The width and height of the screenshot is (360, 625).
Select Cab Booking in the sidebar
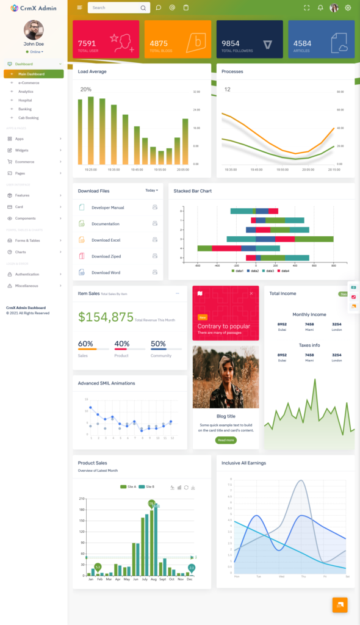coord(28,118)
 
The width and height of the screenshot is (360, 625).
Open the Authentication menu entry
coord(27,274)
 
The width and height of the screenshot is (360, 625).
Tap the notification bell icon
coord(320,8)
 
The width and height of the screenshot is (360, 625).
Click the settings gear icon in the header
coord(348,8)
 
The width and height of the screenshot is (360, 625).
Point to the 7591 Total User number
coord(87,43)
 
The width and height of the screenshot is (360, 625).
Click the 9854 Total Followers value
coord(231,43)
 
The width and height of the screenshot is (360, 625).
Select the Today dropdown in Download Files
coord(151,190)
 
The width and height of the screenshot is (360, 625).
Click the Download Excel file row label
coord(106,240)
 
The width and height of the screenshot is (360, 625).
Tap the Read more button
coord(226,440)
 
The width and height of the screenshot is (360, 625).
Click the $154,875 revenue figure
coord(106,317)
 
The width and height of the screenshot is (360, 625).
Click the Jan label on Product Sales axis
coord(91,579)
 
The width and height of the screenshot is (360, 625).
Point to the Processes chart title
coord(232,71)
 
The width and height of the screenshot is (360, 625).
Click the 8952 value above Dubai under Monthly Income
coord(282,324)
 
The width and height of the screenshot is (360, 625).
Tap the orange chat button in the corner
coord(340,604)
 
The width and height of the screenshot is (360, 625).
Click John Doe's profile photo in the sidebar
coord(34,30)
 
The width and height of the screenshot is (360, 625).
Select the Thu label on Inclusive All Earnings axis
coord(303,576)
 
